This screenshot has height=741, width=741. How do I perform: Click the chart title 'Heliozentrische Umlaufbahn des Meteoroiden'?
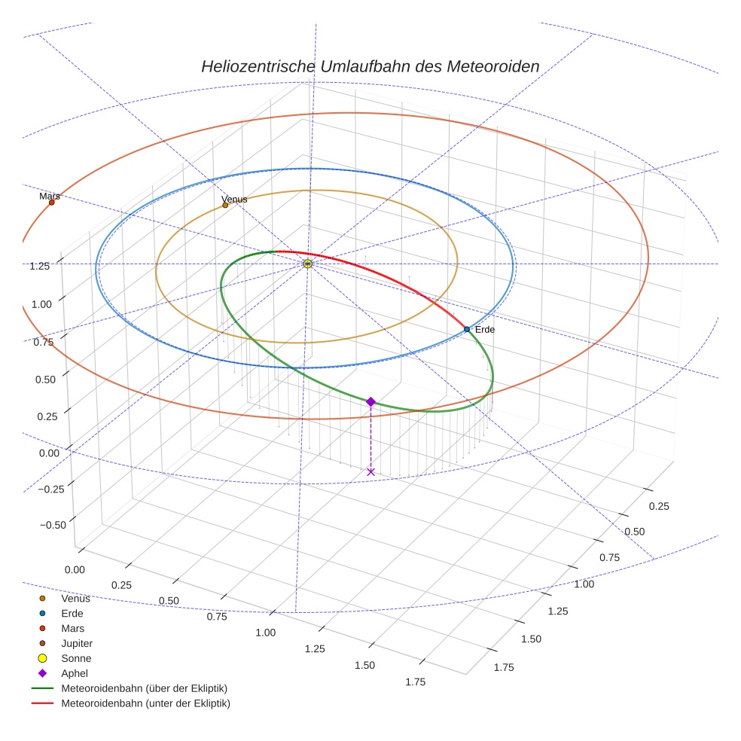click(370, 66)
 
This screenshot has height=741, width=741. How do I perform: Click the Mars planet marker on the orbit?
click(51, 203)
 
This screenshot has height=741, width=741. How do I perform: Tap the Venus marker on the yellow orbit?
click(225, 205)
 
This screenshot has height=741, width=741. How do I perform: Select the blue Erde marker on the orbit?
click(467, 329)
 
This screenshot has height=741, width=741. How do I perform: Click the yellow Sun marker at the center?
click(308, 264)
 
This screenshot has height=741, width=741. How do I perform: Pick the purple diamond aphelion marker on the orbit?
click(370, 401)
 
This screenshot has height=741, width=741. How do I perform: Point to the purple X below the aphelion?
click(370, 471)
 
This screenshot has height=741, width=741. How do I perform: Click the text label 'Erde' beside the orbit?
click(485, 330)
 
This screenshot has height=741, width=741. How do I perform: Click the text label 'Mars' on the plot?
click(50, 196)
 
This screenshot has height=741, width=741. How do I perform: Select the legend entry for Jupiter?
click(77, 643)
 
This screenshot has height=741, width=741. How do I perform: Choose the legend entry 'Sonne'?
click(76, 658)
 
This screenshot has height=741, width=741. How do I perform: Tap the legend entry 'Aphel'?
click(75, 673)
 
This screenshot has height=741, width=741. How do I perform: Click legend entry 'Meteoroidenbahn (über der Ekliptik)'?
click(144, 688)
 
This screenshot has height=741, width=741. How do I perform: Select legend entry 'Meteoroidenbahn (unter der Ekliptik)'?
click(145, 703)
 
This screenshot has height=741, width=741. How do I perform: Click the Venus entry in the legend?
click(75, 599)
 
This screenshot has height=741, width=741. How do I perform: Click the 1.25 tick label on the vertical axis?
click(40, 266)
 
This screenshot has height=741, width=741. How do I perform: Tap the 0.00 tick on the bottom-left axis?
click(75, 570)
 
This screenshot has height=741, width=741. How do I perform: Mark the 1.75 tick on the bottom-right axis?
click(503, 666)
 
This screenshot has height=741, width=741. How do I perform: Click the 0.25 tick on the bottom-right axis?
click(658, 506)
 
